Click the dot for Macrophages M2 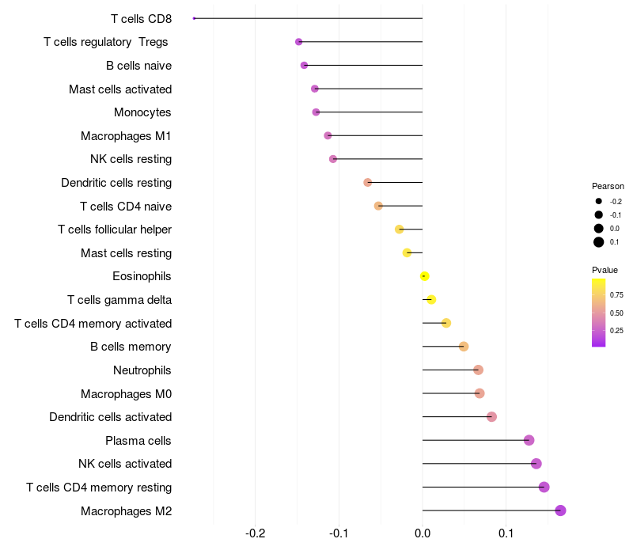point(560,510)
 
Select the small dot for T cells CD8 point(194,18)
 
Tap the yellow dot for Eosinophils point(425,276)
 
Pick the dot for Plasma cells point(529,440)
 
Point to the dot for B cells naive point(304,65)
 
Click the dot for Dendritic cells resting point(367,183)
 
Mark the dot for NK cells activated point(536,464)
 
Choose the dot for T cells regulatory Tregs point(298,42)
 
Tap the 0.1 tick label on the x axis point(506,533)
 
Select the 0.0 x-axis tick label point(423,533)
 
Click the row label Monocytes point(142,112)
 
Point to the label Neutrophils point(142,370)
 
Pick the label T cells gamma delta point(119,300)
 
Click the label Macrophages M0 point(126,393)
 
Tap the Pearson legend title point(608,187)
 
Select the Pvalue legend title point(605,270)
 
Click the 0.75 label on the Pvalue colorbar point(616,295)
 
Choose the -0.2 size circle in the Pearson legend point(599,201)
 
